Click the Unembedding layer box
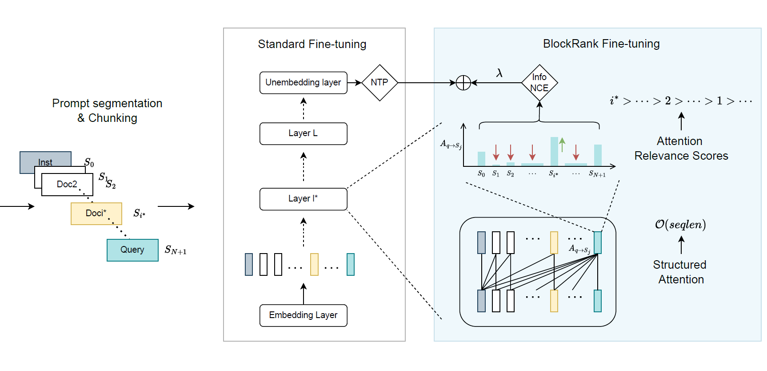pyautogui.click(x=303, y=83)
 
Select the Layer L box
pyautogui.click(x=303, y=133)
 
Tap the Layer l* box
pyautogui.click(x=303, y=199)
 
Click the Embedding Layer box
pyautogui.click(x=303, y=315)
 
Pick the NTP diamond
pyautogui.click(x=380, y=83)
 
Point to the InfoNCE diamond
pyautogui.click(x=539, y=83)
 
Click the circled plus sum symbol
pyautogui.click(x=463, y=83)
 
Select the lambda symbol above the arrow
pyautogui.click(x=499, y=73)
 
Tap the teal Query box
pyautogui.click(x=132, y=250)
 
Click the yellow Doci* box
pyautogui.click(x=96, y=214)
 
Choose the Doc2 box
pyautogui.click(x=67, y=185)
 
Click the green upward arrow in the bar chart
pyautogui.click(x=562, y=144)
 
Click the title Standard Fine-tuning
pyautogui.click(x=312, y=44)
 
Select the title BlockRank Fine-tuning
pyautogui.click(x=601, y=44)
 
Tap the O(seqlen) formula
pyautogui.click(x=680, y=225)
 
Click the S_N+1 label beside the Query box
pyautogui.click(x=176, y=250)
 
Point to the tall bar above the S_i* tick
pyautogui.click(x=554, y=151)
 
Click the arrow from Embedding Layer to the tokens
pyautogui.click(x=304, y=294)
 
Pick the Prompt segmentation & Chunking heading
pyautogui.click(x=107, y=111)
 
